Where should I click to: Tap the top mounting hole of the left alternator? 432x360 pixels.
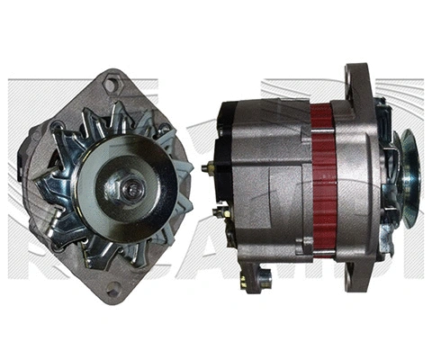112,85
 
